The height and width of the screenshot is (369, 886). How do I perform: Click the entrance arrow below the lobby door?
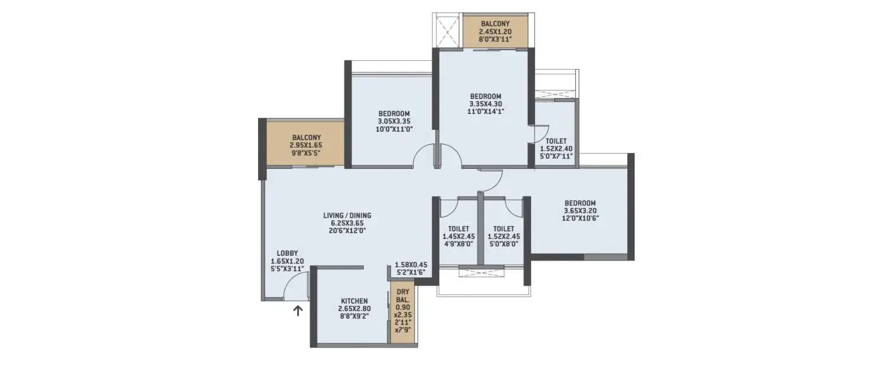[298, 311]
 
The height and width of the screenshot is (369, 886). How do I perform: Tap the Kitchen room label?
[354, 301]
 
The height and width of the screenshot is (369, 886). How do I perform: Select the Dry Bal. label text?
[402, 295]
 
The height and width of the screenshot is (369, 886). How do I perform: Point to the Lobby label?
[287, 253]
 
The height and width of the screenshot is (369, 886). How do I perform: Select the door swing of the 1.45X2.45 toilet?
[449, 205]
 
